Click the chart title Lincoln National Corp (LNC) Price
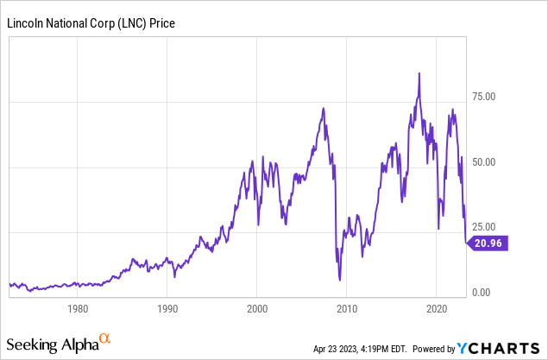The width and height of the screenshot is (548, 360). point(91,22)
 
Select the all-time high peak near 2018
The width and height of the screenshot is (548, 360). point(419,74)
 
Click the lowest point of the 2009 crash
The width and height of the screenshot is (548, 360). point(340,279)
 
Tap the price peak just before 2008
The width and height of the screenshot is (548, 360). point(323,109)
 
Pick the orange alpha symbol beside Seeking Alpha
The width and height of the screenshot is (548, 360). point(104,339)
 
